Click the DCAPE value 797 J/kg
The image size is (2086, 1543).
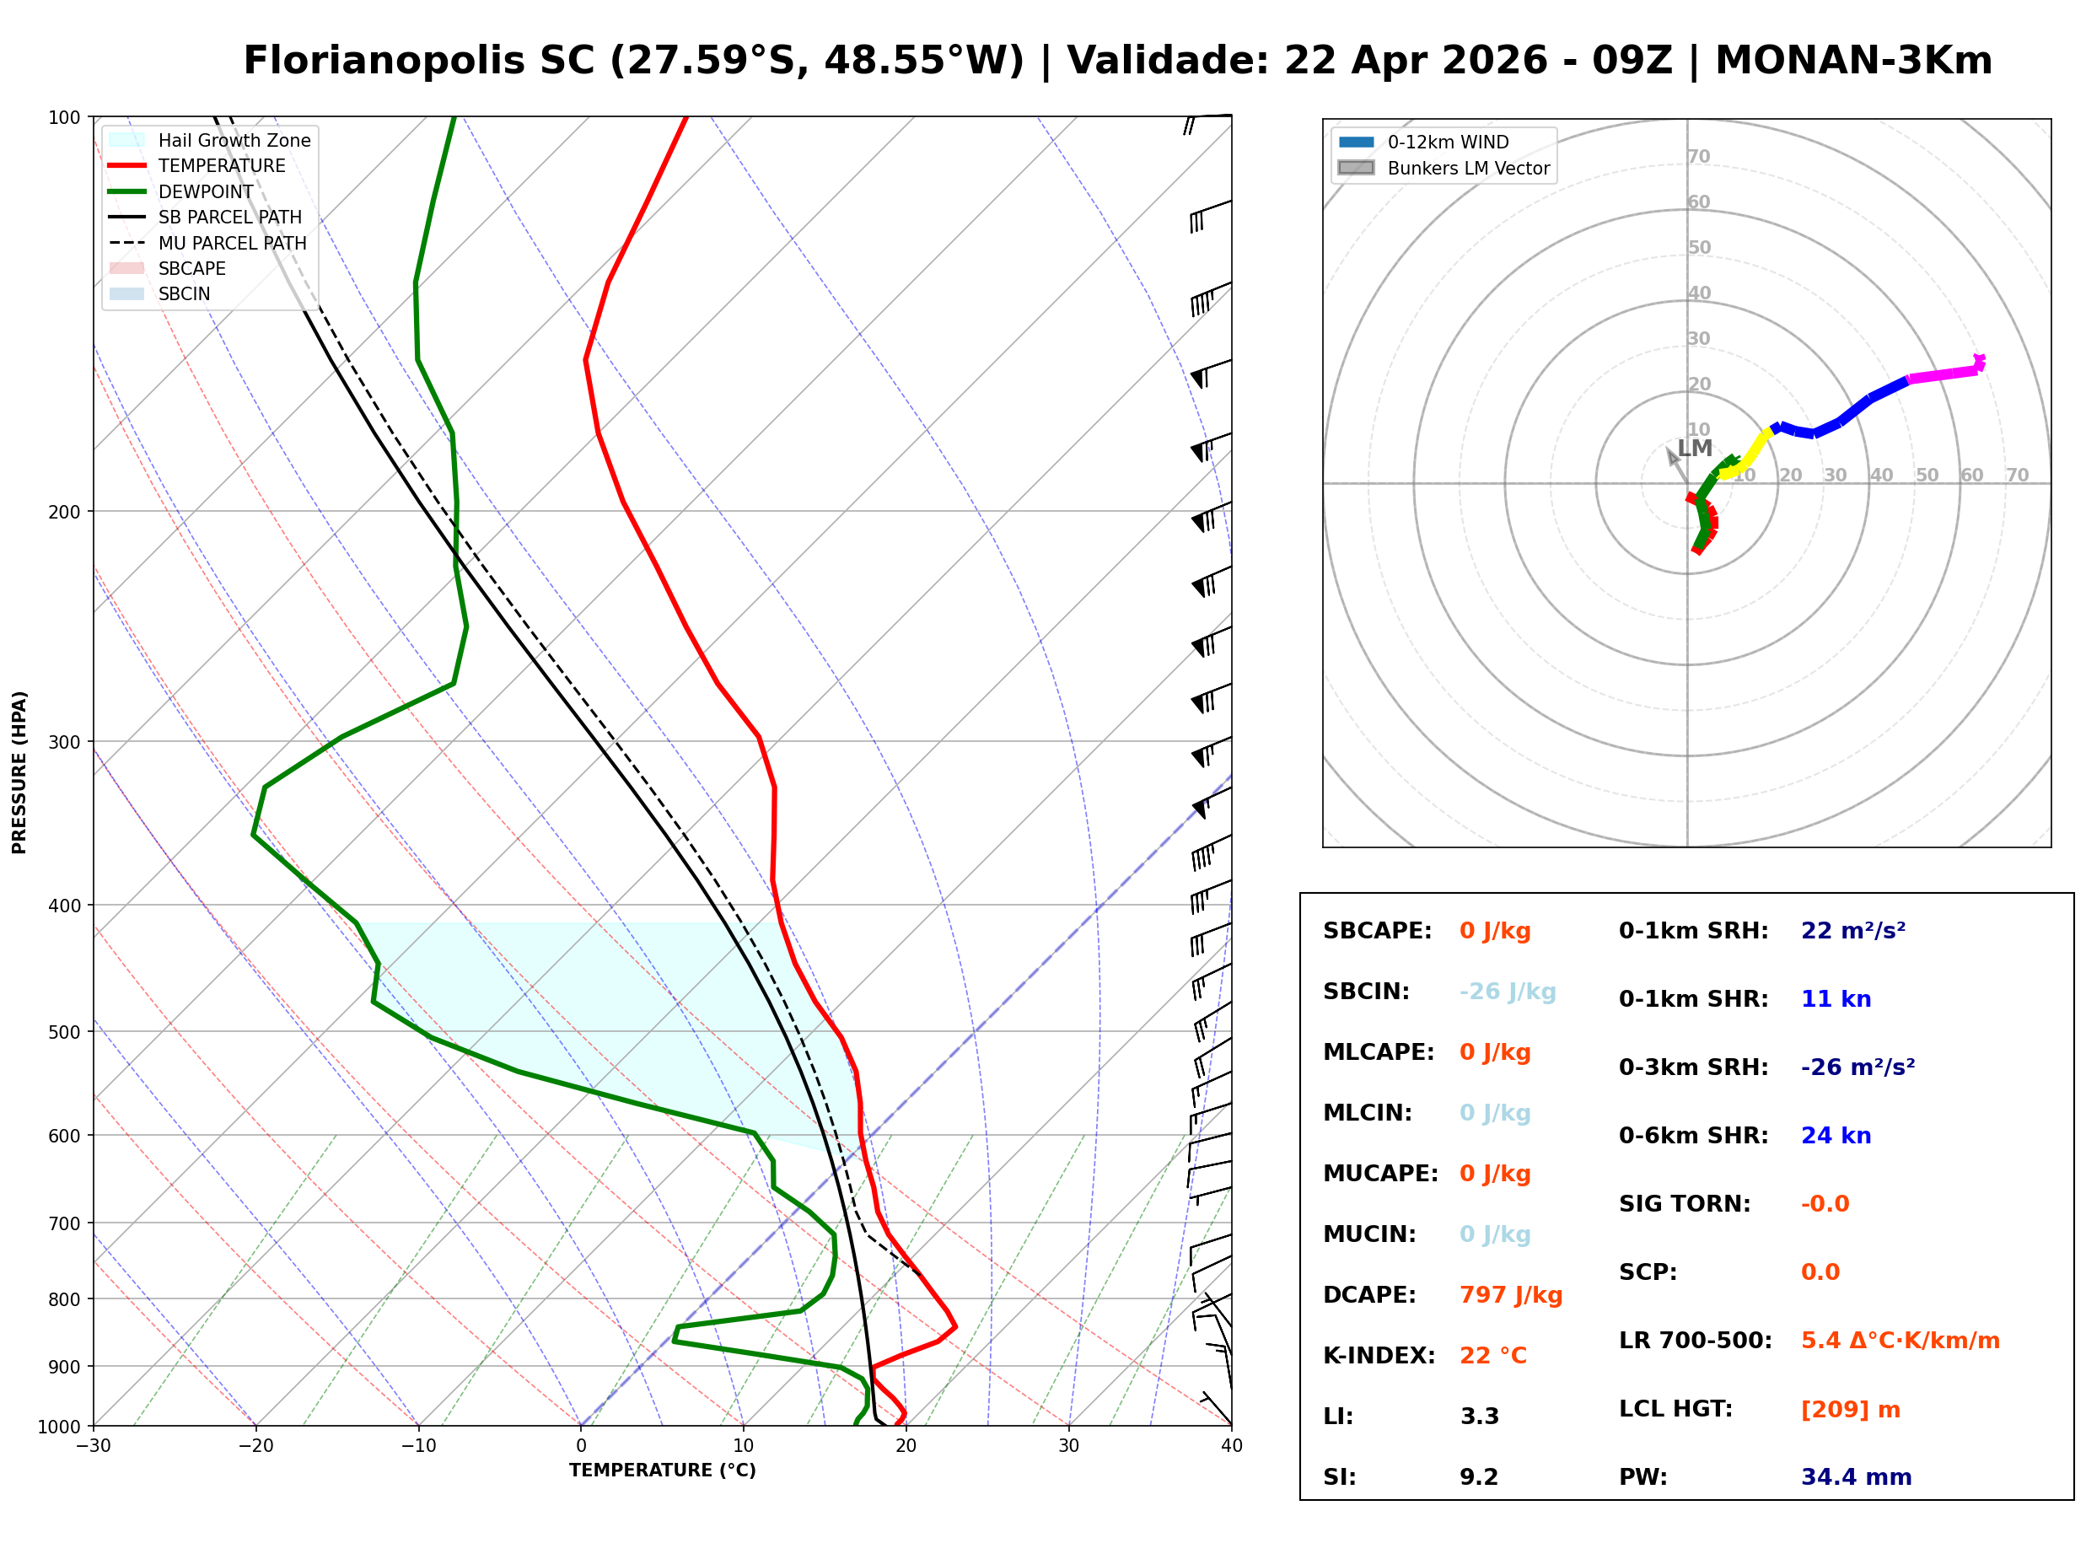1510,1294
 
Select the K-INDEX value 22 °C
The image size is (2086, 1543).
1492,1355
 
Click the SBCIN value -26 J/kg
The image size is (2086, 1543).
1507,991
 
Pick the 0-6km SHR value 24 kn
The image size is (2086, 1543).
1835,1135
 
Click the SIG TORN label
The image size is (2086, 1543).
1684,1204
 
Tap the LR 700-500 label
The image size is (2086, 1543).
1695,1341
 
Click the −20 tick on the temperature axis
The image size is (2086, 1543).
255,1446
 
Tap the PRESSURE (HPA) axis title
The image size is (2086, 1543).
19,771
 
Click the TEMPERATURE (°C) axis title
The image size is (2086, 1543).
662,1470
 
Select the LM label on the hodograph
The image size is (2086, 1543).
1694,449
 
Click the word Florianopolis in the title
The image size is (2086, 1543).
418,61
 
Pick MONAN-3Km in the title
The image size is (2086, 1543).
1853,61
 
